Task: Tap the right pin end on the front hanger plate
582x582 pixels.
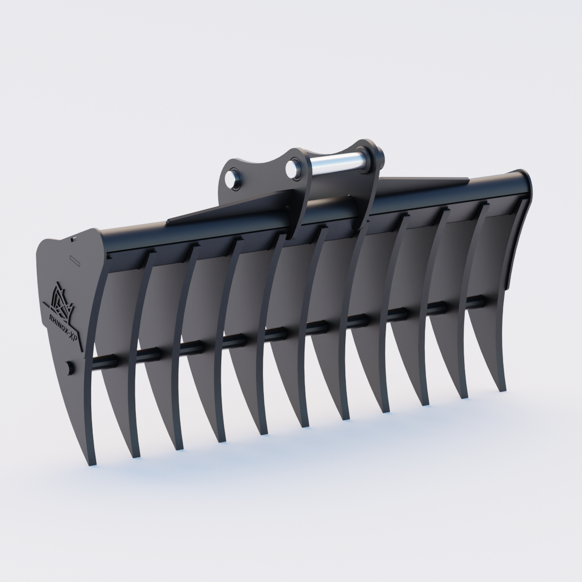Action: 293,168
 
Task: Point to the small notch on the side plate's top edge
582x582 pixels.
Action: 73,239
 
